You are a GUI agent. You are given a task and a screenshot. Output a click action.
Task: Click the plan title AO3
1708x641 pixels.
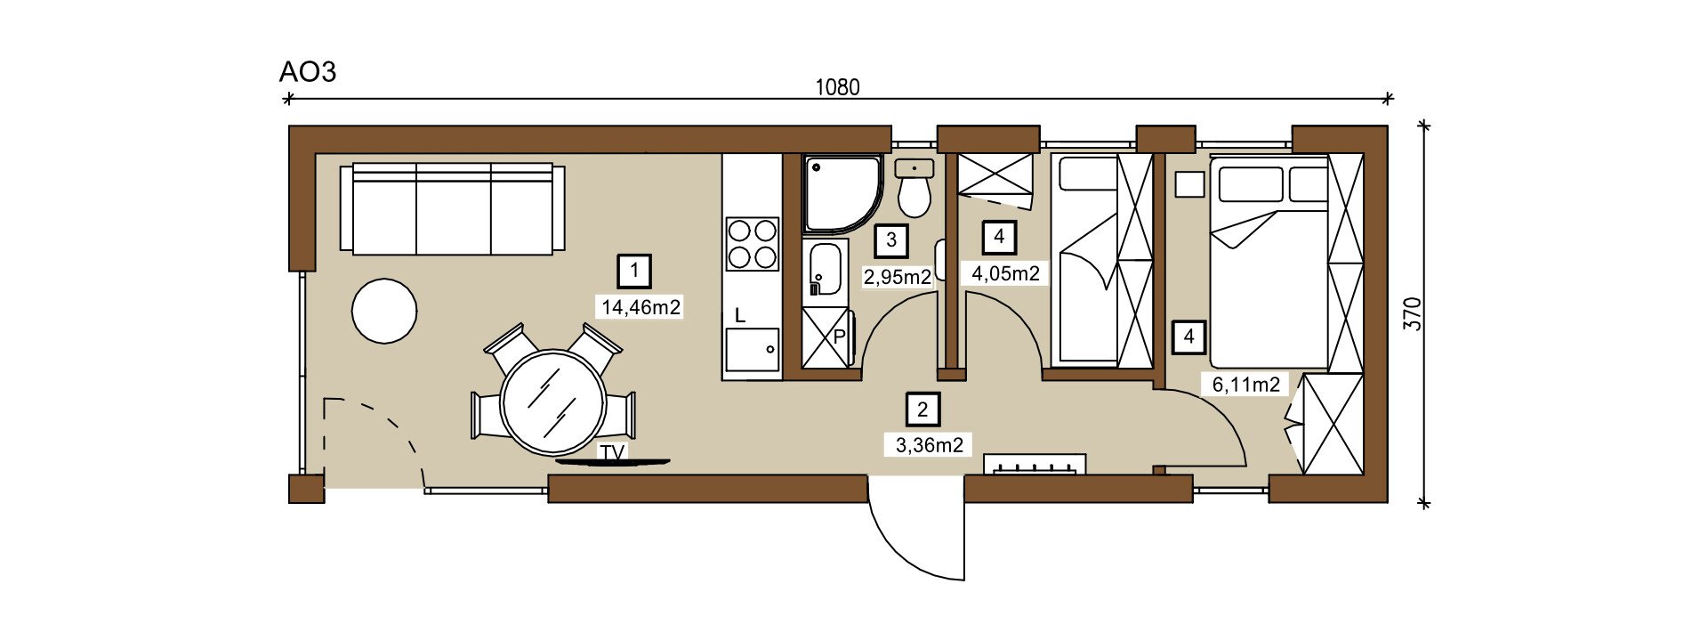[308, 71]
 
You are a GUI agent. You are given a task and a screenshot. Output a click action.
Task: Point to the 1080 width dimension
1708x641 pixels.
[838, 87]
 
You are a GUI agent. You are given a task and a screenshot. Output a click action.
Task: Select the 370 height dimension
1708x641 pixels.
[1413, 313]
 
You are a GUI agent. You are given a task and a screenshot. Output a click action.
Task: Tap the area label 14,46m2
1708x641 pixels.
[641, 308]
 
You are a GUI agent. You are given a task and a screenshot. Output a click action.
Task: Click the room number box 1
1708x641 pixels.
[634, 271]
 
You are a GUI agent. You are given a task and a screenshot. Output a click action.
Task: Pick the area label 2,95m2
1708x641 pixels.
[898, 277]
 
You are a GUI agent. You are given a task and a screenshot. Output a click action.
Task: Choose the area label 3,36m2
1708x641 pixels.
[930, 445]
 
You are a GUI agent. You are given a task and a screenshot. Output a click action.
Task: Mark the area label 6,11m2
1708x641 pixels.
[1246, 385]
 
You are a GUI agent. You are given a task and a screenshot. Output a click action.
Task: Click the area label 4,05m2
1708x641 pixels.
[1006, 273]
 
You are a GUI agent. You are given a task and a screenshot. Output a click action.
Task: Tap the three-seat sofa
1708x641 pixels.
[452, 208]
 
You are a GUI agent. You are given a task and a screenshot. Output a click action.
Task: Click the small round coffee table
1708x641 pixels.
[384, 311]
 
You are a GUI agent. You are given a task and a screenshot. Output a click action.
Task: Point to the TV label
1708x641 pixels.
[612, 453]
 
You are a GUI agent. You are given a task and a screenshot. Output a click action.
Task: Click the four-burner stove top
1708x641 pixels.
[752, 244]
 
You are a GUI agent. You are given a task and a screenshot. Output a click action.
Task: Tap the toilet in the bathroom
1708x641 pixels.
[914, 189]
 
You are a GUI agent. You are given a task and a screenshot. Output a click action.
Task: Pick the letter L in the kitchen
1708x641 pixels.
[739, 315]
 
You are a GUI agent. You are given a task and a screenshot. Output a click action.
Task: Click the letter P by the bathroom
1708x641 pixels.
[838, 337]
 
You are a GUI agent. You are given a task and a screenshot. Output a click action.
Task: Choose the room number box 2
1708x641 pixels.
[922, 410]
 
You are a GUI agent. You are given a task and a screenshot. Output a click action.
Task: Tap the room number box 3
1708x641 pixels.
[891, 240]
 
